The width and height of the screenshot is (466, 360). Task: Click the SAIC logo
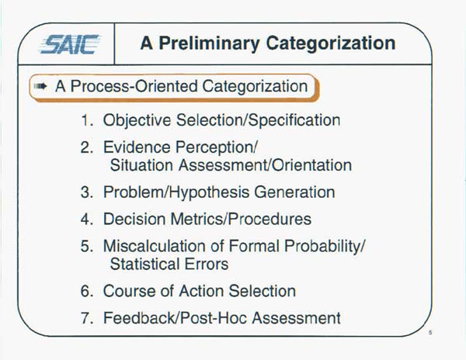click(x=70, y=44)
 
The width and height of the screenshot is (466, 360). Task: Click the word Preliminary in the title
click(x=209, y=43)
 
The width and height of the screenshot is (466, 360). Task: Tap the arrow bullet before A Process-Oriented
click(x=40, y=86)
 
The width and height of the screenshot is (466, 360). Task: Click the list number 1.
click(x=87, y=120)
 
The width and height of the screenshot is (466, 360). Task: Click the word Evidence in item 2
click(x=137, y=147)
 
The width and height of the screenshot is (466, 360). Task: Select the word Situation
click(x=141, y=165)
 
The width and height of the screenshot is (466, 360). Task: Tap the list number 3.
click(x=87, y=192)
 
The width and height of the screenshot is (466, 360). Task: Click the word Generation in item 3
click(x=294, y=192)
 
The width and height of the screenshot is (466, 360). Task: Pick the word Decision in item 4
click(x=134, y=219)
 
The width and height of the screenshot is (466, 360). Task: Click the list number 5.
click(x=87, y=246)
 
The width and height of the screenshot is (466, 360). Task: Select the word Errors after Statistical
click(x=207, y=264)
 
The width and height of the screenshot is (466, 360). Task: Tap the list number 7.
click(x=87, y=318)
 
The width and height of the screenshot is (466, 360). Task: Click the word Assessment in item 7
click(x=297, y=318)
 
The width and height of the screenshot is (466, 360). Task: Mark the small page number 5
click(x=430, y=333)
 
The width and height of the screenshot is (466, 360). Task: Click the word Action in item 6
click(x=201, y=291)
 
